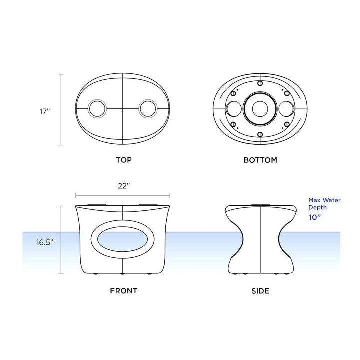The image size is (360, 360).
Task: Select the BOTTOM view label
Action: click(260, 160)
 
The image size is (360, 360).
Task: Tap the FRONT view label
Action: click(123, 290)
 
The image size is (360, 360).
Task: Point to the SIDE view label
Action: click(260, 290)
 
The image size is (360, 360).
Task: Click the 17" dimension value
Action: click(46, 111)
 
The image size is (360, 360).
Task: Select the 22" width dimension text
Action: click(124, 186)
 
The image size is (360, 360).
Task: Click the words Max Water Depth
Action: click(324, 203)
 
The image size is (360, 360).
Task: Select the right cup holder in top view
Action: click(149, 108)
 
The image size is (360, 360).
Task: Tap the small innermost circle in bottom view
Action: click(260, 108)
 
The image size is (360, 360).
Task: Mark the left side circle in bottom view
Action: click(234, 108)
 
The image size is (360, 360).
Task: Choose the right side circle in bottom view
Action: click(286, 108)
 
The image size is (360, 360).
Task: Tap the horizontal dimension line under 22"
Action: click(123, 196)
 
